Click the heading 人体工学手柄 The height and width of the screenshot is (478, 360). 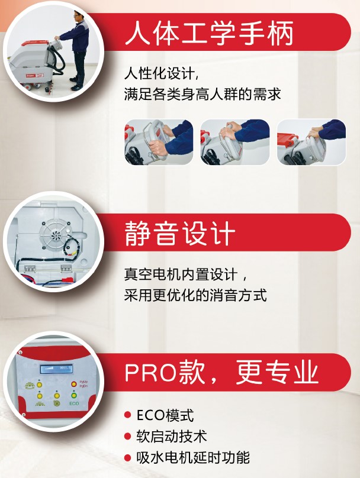(209, 33)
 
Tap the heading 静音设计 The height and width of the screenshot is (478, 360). (180, 233)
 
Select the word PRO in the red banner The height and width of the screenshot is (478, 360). (151, 373)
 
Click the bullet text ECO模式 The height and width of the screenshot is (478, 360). (165, 415)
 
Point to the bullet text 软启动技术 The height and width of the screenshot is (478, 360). (172, 436)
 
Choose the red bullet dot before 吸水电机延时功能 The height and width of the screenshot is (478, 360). (128, 457)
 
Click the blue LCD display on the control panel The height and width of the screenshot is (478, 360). (56, 369)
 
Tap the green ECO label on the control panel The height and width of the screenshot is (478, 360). (74, 403)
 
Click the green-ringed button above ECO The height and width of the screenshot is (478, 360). (74, 395)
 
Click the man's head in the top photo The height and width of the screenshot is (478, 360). (78, 17)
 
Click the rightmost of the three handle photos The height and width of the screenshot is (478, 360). (311, 142)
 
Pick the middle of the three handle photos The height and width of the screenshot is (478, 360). (235, 142)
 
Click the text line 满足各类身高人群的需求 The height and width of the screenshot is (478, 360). (202, 94)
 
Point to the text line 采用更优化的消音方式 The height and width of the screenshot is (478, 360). (195, 295)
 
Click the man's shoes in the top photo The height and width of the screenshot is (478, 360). (75, 84)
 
